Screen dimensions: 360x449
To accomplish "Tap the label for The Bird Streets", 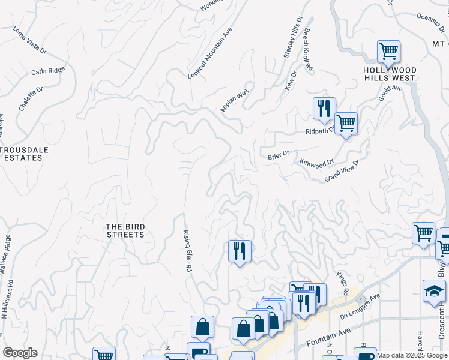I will tap(125, 230).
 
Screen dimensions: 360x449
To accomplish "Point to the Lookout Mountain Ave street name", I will tap(209, 53).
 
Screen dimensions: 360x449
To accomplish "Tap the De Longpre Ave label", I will tap(360, 306).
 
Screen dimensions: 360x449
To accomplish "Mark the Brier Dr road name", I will tap(279, 154).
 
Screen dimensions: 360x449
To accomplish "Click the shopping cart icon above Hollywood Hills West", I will tap(388, 52).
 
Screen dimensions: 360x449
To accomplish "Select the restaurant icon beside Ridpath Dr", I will tap(324, 109).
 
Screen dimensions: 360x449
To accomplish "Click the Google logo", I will tap(20, 353).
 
